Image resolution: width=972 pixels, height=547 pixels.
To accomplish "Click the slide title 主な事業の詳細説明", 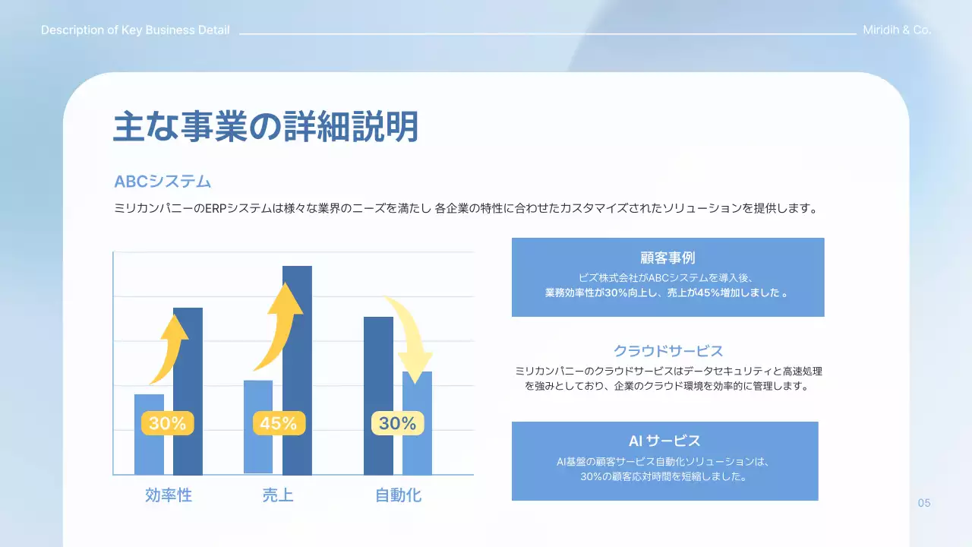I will click(x=266, y=127).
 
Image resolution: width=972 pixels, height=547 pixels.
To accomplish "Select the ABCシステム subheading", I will click(x=163, y=182).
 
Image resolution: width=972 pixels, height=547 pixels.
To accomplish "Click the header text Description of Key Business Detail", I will click(x=135, y=30).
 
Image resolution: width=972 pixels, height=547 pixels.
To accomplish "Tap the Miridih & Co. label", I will click(x=897, y=30).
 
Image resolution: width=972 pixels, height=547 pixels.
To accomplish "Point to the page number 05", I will click(x=924, y=503).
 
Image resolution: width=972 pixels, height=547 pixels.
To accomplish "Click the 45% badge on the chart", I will click(x=279, y=423).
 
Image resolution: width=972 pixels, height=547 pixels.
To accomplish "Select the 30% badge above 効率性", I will click(x=167, y=423).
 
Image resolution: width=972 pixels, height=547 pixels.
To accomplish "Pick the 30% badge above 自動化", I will click(x=397, y=423).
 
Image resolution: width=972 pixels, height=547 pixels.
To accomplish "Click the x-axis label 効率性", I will click(x=169, y=495).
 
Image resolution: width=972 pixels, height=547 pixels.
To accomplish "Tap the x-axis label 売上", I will click(x=278, y=495).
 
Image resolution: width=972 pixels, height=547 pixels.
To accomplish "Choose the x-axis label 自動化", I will click(x=398, y=495).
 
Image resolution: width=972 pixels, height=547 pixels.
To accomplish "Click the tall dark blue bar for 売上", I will click(x=297, y=349).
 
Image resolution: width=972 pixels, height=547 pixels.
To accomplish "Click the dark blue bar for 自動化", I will click(x=378, y=365).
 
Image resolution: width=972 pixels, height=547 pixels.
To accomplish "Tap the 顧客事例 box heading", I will click(x=667, y=258).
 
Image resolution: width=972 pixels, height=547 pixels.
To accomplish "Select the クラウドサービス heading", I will click(x=667, y=351).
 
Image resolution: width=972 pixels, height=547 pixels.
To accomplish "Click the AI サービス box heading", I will click(x=664, y=441).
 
